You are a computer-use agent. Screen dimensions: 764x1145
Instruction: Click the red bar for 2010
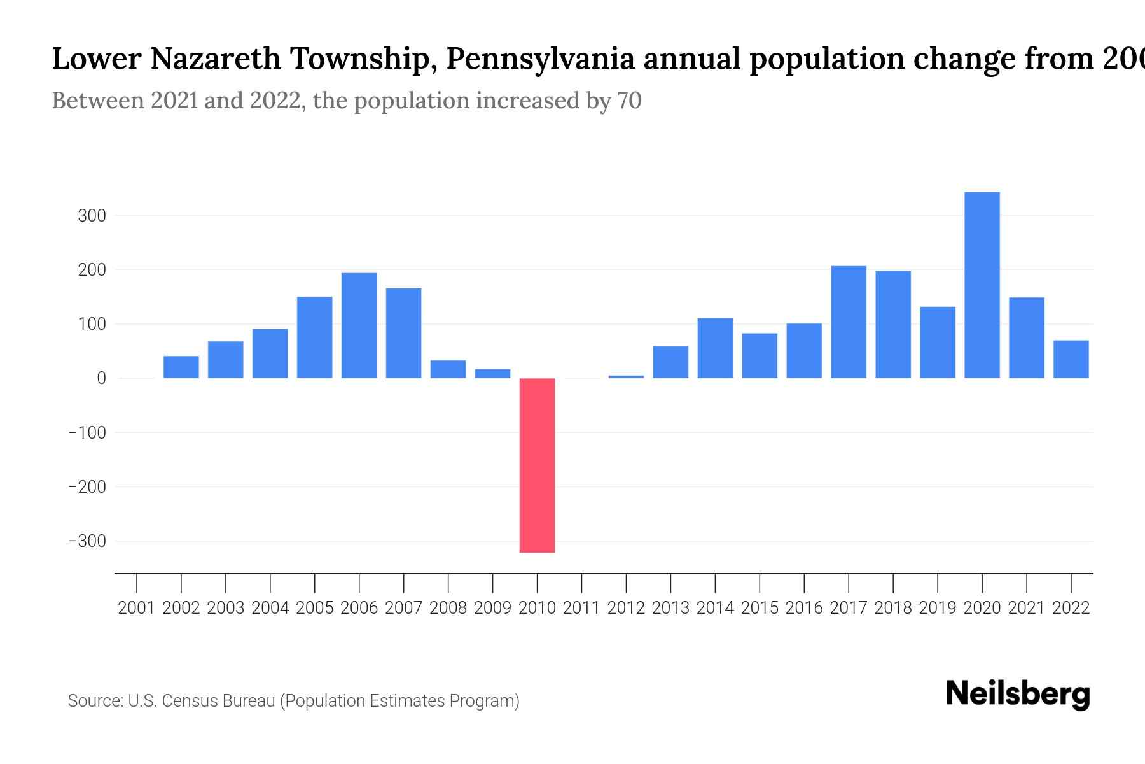537,465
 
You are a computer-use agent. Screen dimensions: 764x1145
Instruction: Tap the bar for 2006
359,325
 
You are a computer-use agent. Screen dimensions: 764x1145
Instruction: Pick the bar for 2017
848,322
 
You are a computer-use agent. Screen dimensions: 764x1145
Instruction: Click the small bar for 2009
492,374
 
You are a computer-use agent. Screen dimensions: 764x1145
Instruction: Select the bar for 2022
1071,359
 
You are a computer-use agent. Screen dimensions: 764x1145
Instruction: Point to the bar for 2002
181,367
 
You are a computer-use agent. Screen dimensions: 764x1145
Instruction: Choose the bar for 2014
715,348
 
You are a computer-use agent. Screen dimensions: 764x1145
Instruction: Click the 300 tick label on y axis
92,216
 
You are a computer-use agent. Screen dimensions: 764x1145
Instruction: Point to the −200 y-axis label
87,487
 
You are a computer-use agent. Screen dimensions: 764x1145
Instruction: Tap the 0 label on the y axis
101,378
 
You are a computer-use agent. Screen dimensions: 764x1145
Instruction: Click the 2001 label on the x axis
137,608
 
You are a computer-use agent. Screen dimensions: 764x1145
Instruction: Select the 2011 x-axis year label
581,608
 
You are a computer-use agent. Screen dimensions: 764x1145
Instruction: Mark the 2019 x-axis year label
937,608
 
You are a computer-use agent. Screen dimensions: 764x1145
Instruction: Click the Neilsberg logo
1018,694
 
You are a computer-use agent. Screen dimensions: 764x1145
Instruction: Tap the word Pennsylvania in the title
540,59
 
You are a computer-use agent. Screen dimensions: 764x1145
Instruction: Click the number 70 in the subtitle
629,101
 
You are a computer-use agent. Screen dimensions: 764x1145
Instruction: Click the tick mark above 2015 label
760,583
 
